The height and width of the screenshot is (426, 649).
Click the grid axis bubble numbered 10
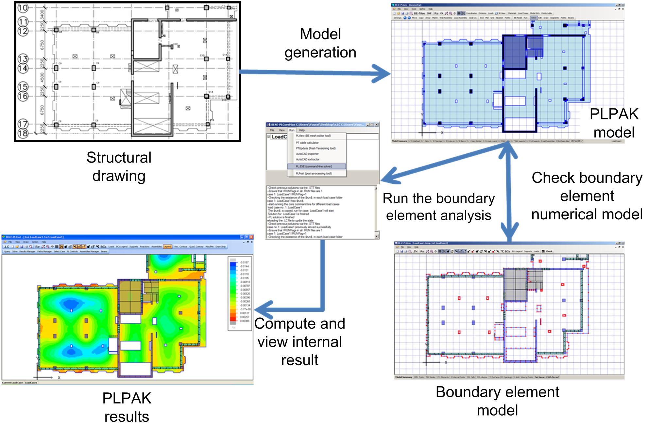[x=23, y=8]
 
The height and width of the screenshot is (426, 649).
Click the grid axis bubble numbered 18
[x=23, y=134]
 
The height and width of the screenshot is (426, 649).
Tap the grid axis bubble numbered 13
[x=23, y=59]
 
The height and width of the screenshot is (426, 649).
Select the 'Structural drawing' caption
[x=119, y=166]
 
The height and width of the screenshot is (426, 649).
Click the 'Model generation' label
[x=320, y=43]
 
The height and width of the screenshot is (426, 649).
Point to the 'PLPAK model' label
[x=614, y=123]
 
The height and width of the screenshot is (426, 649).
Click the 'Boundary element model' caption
[x=497, y=401]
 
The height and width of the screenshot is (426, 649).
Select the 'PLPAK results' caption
[x=127, y=407]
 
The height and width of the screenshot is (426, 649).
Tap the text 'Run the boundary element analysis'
[x=438, y=207]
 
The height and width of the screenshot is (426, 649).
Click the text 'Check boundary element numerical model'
[x=587, y=196]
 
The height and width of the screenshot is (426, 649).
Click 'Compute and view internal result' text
[x=299, y=341]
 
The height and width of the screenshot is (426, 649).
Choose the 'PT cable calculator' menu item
[x=307, y=143]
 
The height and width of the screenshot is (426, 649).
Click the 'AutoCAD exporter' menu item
[x=307, y=154]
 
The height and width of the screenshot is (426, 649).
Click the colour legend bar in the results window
[x=233, y=292]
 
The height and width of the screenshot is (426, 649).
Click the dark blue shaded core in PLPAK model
[x=514, y=52]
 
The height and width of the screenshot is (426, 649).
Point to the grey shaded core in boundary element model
[x=515, y=284]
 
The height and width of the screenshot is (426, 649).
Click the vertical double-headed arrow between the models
[x=509, y=193]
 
